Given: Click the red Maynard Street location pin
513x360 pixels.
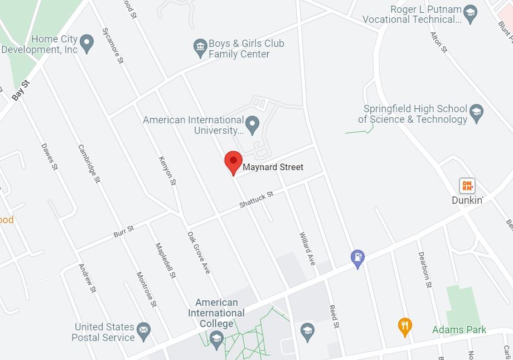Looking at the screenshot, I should pos(233,161).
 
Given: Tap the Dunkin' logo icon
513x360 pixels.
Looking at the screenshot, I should pos(467,185).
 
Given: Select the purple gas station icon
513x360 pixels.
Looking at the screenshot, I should pos(357,257).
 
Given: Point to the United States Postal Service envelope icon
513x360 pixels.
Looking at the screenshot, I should pos(144,332).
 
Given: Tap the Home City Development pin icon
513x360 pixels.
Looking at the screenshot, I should pos(86,42).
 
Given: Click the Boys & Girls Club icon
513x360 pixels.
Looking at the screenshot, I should pos(200,48).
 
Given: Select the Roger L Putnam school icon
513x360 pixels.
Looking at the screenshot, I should pos(471,15).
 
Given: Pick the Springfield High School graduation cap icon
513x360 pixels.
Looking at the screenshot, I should pos(476,113).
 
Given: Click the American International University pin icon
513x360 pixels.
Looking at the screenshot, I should pos(253,124).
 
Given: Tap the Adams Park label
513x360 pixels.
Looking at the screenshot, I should pos(459,330).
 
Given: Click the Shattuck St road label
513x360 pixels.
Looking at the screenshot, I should pos(256,199).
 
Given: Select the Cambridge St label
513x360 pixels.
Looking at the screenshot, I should pos(89,164).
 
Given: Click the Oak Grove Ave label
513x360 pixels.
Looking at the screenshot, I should pos(199,252).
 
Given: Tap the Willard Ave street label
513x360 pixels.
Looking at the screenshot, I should pos(307,248).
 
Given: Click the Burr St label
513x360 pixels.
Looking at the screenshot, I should pos(124,231).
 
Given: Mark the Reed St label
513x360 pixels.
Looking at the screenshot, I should pos(333,316).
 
